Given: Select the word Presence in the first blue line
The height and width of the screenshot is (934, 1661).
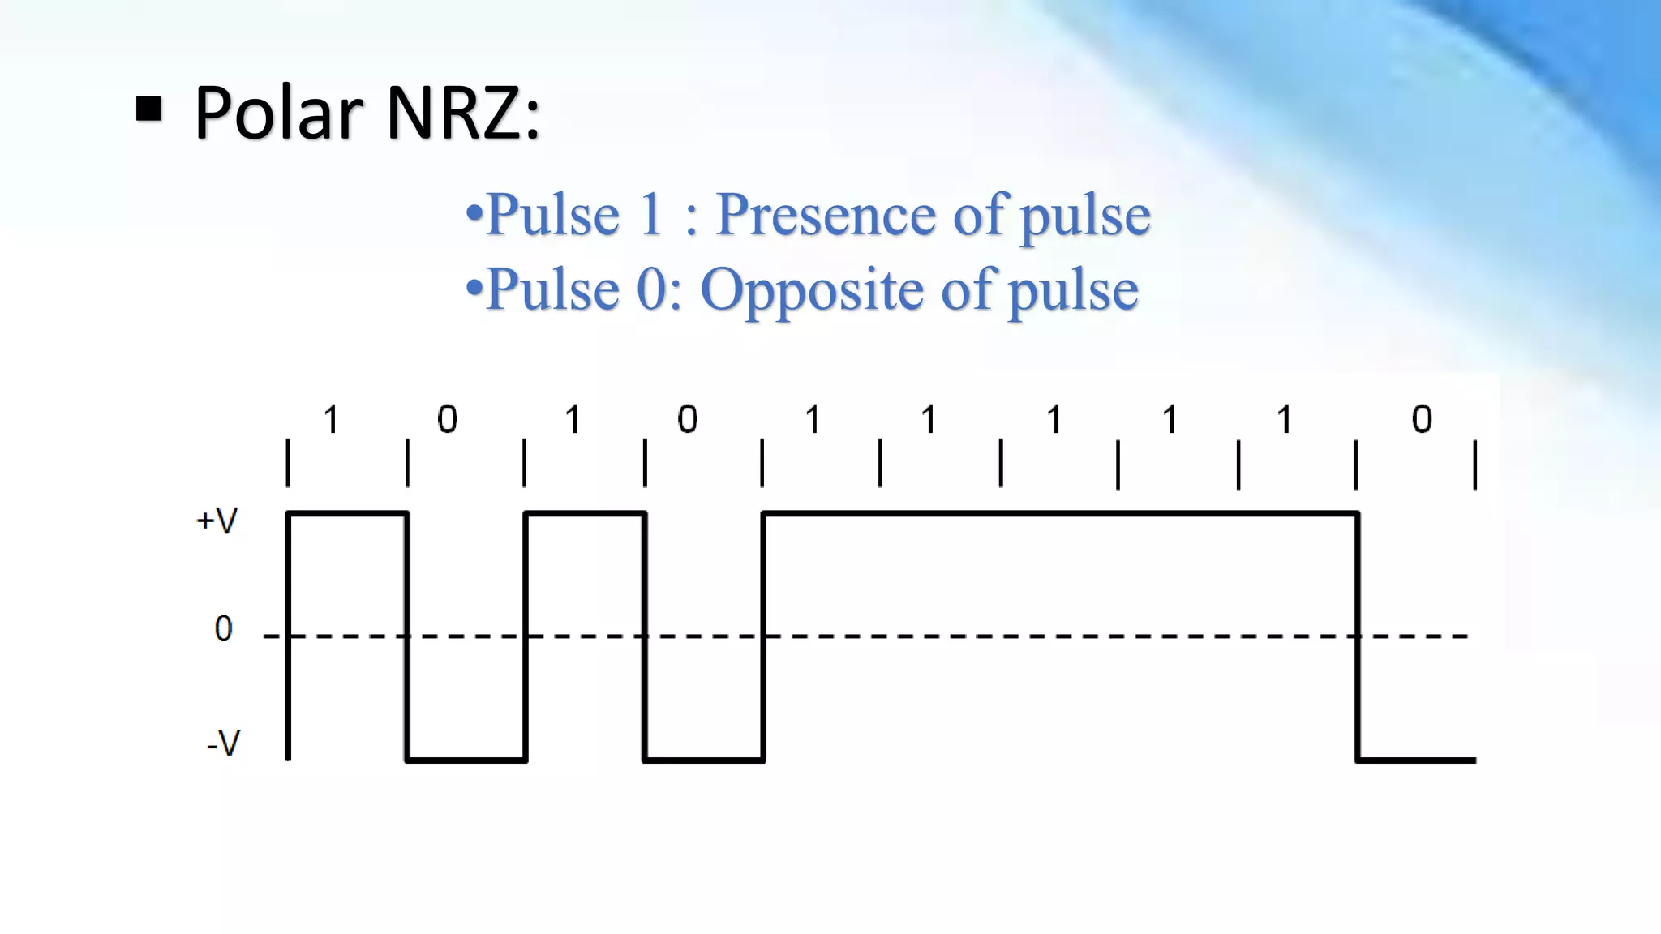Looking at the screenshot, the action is [x=827, y=215].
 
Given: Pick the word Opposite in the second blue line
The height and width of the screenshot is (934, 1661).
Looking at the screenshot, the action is [x=812, y=289].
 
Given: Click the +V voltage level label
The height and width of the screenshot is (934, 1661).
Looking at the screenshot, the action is [x=217, y=521].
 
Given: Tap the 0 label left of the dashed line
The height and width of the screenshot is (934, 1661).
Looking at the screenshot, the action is [x=223, y=629].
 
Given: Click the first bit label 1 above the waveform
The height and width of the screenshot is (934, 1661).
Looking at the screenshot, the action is [x=330, y=420].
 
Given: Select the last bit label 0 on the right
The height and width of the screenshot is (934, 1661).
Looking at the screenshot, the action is [x=1422, y=420].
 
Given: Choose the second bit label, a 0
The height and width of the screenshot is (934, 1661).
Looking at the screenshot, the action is [x=447, y=420].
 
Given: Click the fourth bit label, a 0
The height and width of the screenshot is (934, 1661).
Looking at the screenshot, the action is [x=687, y=420].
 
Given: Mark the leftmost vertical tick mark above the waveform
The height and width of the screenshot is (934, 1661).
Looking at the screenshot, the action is [x=288, y=464].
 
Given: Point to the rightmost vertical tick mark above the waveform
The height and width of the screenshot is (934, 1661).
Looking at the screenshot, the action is [x=1475, y=465].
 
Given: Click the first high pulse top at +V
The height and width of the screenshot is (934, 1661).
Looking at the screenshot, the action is [x=347, y=513].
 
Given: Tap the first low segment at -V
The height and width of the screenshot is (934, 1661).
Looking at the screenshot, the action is [x=466, y=760].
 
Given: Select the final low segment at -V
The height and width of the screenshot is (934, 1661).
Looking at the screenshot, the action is [x=1416, y=760].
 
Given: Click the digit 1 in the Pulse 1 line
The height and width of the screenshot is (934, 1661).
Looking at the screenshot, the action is [x=650, y=215].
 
